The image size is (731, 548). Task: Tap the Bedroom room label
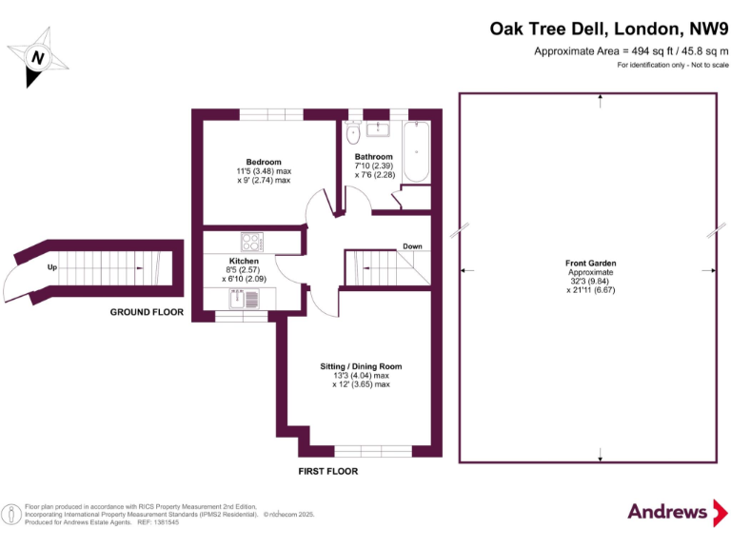264,162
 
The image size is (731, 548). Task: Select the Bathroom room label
373,156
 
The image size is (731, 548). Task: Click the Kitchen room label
244,261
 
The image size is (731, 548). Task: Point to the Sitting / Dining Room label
361,366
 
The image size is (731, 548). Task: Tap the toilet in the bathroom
354,134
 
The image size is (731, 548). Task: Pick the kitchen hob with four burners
253,242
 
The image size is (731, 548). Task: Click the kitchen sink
245,300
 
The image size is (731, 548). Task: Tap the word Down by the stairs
412,246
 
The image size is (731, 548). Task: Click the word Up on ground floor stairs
52,268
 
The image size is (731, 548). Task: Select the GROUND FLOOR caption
147,312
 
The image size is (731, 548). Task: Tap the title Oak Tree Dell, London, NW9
608,29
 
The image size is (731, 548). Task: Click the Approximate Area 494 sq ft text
630,50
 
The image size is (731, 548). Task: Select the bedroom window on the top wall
272,115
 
